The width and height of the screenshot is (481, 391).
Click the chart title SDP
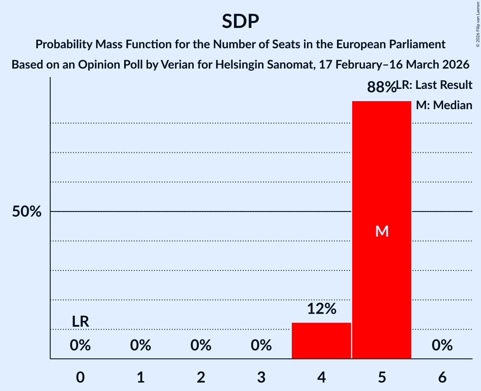click(240, 21)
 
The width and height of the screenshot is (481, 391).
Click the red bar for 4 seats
click(321, 341)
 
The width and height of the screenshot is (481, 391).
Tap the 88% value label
click(381, 88)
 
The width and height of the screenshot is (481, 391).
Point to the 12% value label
click(321, 309)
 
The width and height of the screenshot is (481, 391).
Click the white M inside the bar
click(382, 231)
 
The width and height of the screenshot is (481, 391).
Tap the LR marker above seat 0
click(80, 322)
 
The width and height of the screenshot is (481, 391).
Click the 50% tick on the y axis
click(27, 212)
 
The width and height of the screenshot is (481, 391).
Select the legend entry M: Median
click(444, 105)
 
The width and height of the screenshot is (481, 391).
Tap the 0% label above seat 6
click(442, 346)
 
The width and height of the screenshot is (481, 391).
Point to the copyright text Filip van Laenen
click(477, 21)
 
